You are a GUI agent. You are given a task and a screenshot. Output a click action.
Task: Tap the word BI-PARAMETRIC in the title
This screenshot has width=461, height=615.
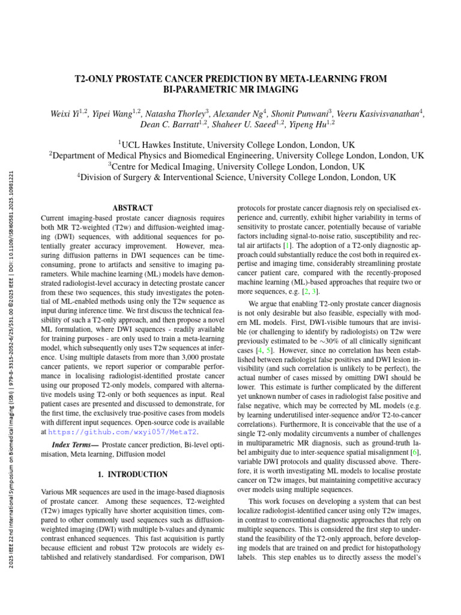click(x=197, y=89)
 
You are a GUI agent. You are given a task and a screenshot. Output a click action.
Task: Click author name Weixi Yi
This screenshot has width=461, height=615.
click(x=67, y=113)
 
